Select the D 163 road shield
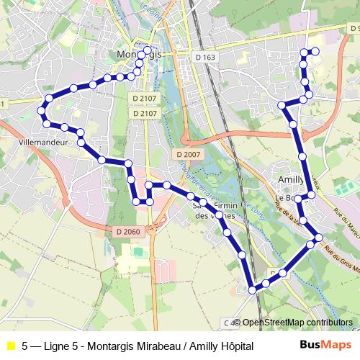[x=205, y=56]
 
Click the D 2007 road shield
[x=188, y=155]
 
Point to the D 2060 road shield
[x=127, y=231]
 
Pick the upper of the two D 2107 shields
[x=145, y=98]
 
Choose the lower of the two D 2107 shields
[x=145, y=113]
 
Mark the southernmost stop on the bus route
[x=253, y=289]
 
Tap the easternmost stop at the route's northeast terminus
[x=315, y=51]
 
